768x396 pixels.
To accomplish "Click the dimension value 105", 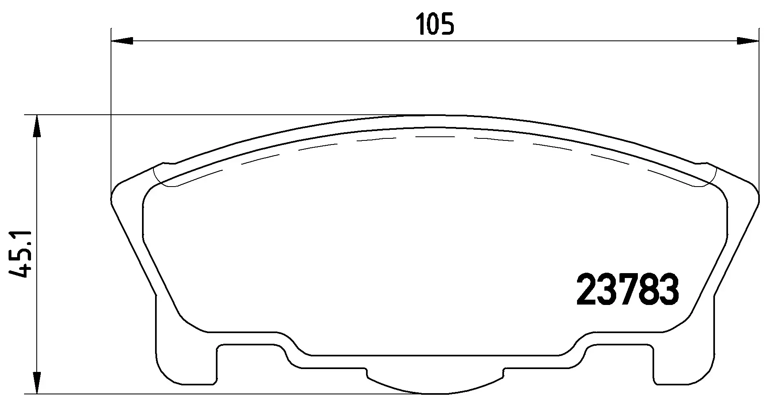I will pos(435,24).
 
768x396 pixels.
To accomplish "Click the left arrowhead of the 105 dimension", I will pos(122,41).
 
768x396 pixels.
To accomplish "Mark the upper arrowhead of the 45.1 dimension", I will pos(37,127).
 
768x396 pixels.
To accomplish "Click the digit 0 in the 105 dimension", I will pos(435,24).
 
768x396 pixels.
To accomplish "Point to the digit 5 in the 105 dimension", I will pos(447,24).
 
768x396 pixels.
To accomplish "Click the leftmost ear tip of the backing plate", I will pos(112,198).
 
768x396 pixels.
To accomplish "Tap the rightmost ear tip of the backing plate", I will pos(758,198).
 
